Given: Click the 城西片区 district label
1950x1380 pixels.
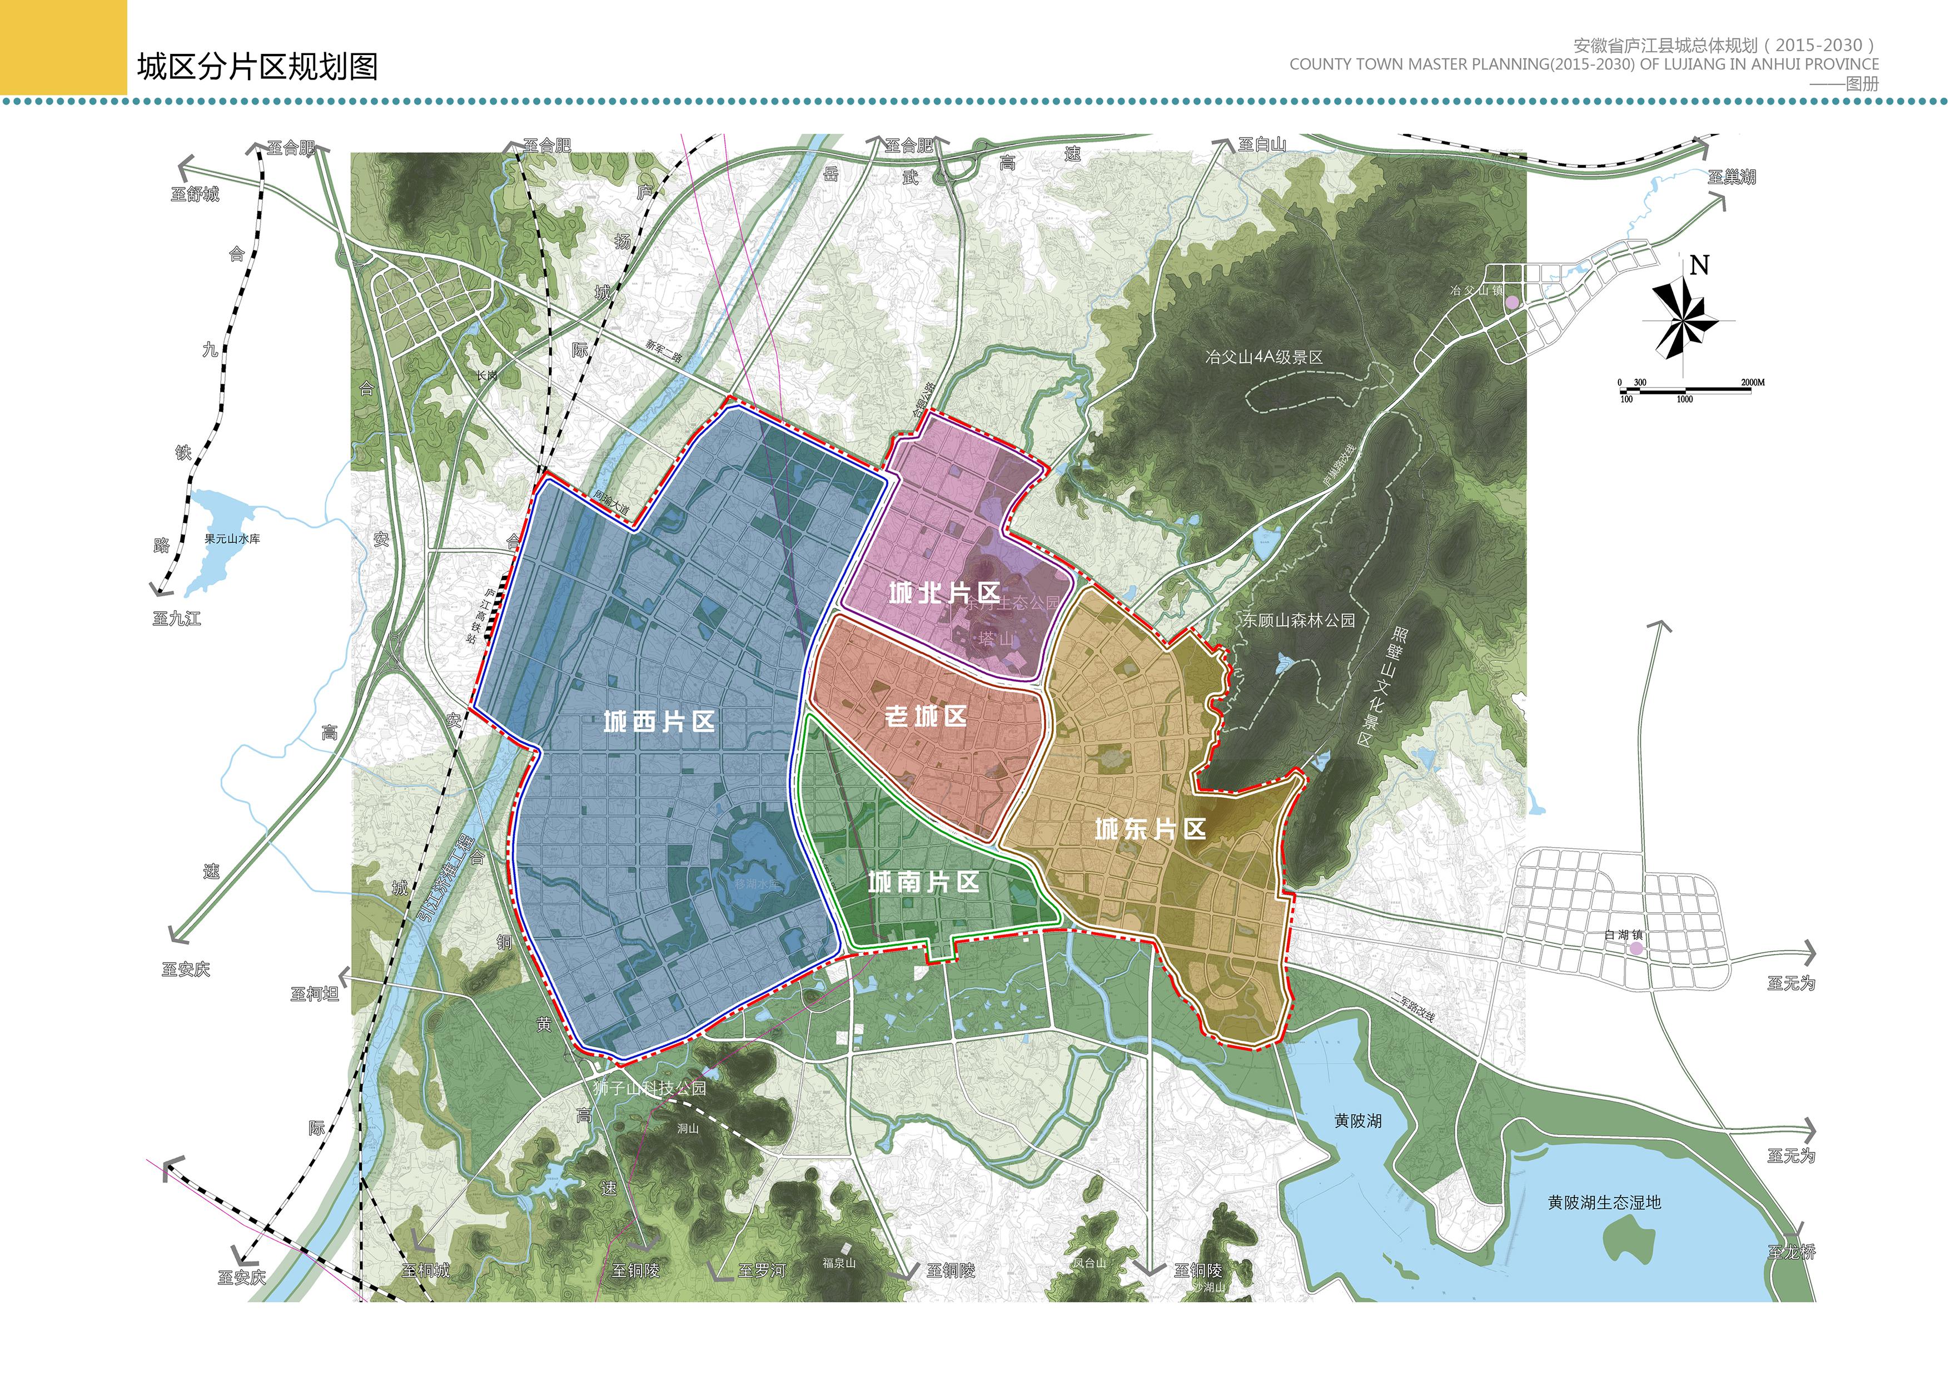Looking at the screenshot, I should coord(659,723).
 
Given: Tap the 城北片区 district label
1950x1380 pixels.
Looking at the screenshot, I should coord(943,593).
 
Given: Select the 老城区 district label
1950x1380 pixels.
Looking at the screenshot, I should coord(926,716).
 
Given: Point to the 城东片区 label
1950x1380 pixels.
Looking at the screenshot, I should coord(1150,829).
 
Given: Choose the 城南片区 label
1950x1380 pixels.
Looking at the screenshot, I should coord(923,882).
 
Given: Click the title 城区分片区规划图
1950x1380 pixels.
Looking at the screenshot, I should coord(257,66).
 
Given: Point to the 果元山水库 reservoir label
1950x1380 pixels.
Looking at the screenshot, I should coord(232,540).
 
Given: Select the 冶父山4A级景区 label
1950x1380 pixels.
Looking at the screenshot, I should coord(1263,357).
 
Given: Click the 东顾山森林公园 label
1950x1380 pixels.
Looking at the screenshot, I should coord(1299,620).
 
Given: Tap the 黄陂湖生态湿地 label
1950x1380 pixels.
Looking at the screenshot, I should coord(1604,1203).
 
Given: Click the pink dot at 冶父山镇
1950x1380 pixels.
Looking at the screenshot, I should coord(1512,301).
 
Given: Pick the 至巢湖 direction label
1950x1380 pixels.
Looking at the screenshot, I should coord(1732,177).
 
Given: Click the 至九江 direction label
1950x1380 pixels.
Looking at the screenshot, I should coord(177,619).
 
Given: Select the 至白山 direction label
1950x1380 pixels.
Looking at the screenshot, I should coord(1261,145).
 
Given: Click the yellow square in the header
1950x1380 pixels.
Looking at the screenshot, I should coord(63,47).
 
